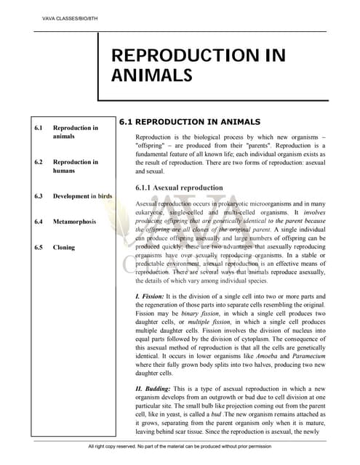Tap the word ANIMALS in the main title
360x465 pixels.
click(151, 74)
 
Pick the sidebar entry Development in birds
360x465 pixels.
click(82, 196)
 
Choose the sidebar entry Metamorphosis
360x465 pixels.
click(79, 221)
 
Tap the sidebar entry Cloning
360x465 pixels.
click(64, 247)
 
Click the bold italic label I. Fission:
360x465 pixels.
click(153, 296)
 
